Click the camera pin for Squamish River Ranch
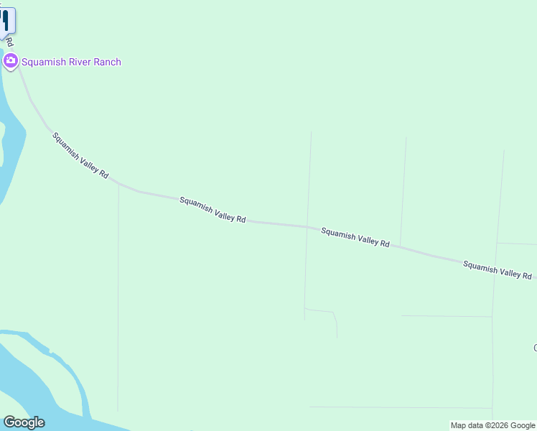(x=10, y=61)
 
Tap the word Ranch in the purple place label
(x=106, y=62)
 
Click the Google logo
(x=24, y=422)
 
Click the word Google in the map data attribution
(x=523, y=425)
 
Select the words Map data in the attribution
(x=467, y=425)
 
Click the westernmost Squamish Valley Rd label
(x=80, y=155)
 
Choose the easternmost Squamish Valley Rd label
(x=497, y=270)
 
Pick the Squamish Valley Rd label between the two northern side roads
(x=355, y=237)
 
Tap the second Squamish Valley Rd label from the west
(x=213, y=210)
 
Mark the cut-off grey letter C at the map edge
(x=534, y=348)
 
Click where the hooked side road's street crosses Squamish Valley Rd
(x=307, y=227)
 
